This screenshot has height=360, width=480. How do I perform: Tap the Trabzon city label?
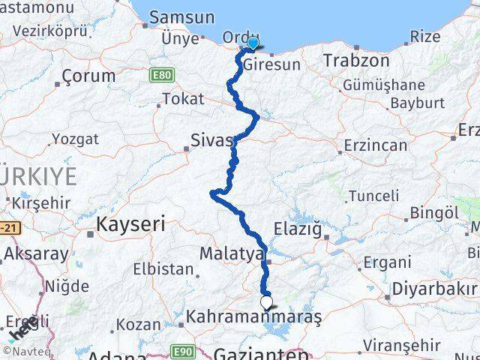pos(356,61)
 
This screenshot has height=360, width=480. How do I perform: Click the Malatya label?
pos(232,253)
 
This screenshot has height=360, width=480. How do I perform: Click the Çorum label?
pos(89,76)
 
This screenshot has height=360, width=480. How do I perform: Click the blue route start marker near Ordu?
pos(253,43)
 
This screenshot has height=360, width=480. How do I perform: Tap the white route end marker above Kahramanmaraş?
pos(266,302)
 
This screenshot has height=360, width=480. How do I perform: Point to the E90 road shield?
pos(180,349)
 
